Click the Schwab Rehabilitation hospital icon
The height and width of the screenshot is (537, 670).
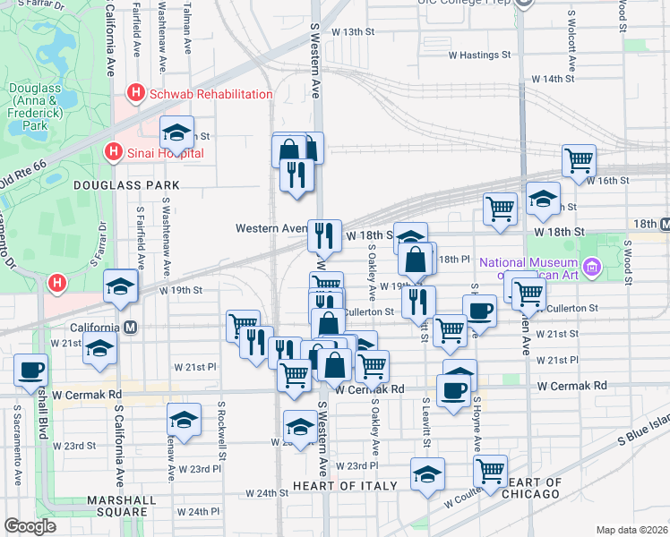click(x=136, y=92)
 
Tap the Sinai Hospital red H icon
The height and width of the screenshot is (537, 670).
click(x=113, y=152)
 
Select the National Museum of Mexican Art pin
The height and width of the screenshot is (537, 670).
click(x=591, y=267)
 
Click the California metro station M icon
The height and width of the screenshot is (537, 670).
click(x=131, y=328)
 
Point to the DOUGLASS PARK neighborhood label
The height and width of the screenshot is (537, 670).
click(x=127, y=185)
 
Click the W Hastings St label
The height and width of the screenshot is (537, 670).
click(x=478, y=55)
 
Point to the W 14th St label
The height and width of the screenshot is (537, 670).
click(x=553, y=79)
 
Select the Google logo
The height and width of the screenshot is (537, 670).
click(x=30, y=526)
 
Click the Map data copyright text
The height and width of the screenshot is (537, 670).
click(x=632, y=530)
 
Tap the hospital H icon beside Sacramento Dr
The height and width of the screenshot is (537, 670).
click(x=57, y=284)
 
